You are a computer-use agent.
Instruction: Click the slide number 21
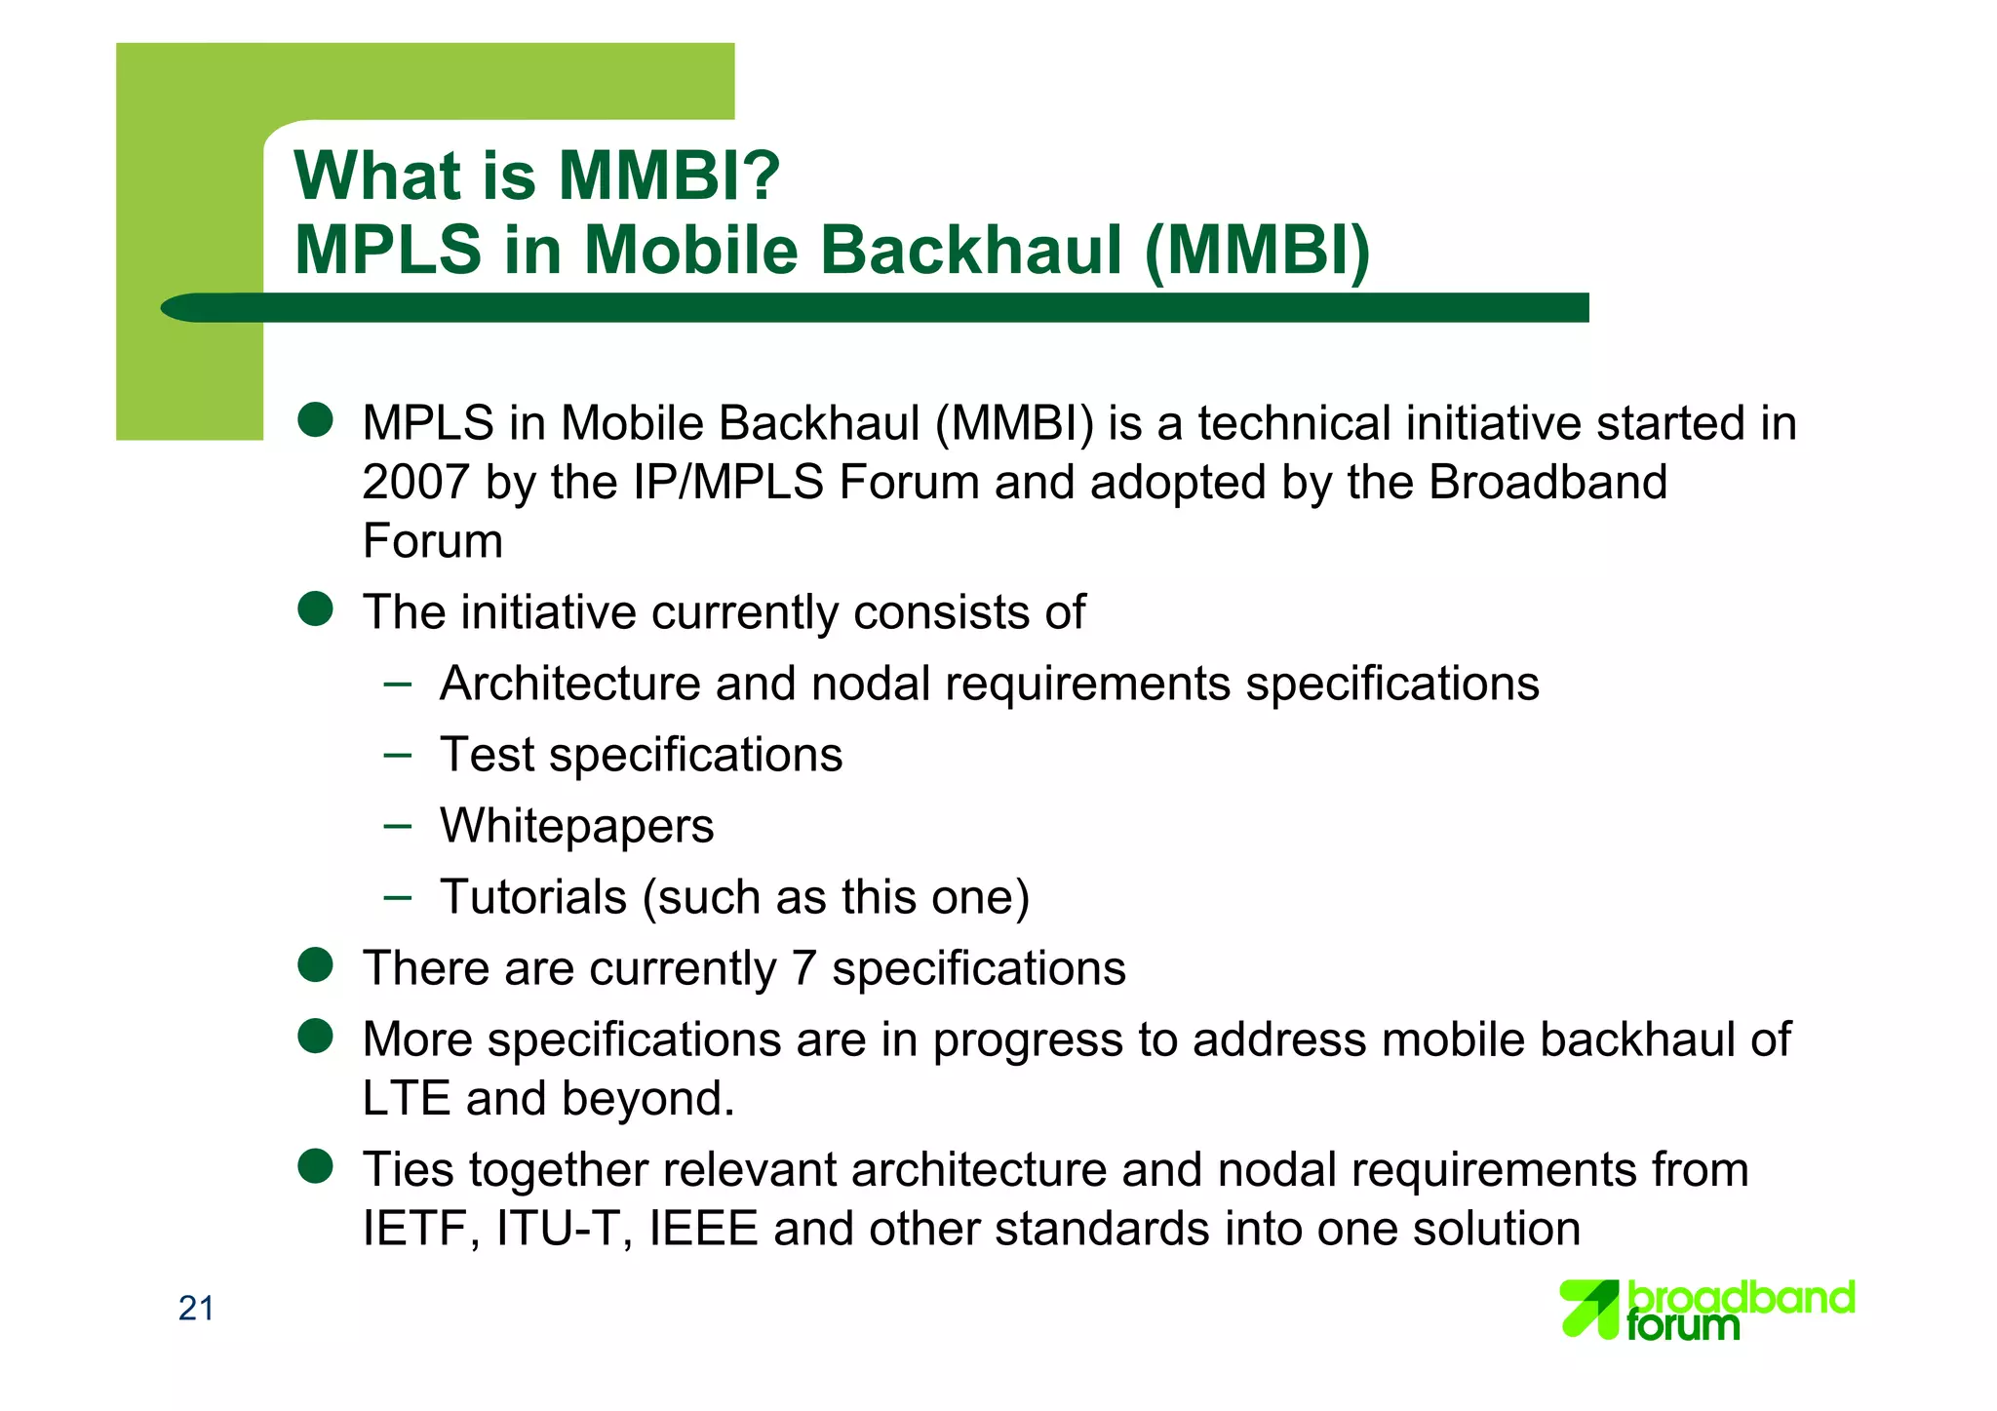click(x=196, y=1309)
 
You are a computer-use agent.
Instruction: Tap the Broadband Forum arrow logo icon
click(x=1588, y=1309)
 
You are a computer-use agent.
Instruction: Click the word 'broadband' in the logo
click(x=1742, y=1298)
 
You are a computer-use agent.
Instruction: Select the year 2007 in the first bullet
click(x=415, y=483)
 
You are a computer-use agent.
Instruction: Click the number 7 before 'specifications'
click(x=803, y=968)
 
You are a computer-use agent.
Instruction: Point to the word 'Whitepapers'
click(x=576, y=826)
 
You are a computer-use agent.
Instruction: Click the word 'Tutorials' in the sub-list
click(x=532, y=897)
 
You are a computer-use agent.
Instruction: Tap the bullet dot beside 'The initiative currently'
click(x=316, y=609)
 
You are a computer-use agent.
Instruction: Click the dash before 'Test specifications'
click(x=397, y=754)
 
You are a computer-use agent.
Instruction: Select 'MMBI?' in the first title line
click(x=668, y=176)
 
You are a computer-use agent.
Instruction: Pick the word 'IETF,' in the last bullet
click(x=421, y=1229)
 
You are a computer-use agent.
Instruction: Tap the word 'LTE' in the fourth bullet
click(x=406, y=1099)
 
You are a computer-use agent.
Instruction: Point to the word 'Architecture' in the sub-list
click(x=569, y=684)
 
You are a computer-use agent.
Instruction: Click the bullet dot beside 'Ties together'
click(x=316, y=1166)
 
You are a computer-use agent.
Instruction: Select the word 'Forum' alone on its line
click(x=432, y=541)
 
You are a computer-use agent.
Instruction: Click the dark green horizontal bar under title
click(x=878, y=307)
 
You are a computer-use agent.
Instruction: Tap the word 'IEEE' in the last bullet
click(x=703, y=1229)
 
